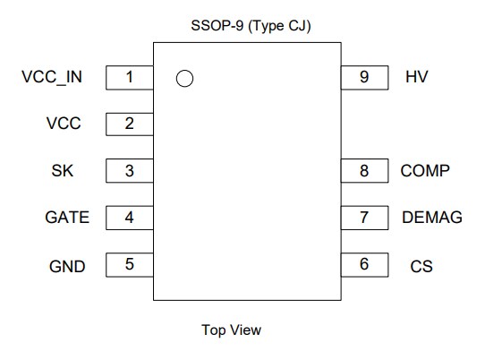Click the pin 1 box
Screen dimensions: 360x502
(x=130, y=77)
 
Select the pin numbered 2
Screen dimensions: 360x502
(x=130, y=124)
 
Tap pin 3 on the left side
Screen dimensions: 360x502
(x=130, y=170)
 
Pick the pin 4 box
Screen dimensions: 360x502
(x=130, y=218)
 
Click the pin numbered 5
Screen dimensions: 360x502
(x=130, y=265)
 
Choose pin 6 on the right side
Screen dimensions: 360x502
(x=364, y=265)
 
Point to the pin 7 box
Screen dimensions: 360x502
(x=364, y=218)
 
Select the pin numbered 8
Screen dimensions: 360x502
(x=364, y=170)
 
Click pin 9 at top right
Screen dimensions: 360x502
(x=364, y=77)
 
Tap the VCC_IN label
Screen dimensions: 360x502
(x=52, y=77)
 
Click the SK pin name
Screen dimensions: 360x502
(x=63, y=170)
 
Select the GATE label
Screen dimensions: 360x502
(x=67, y=218)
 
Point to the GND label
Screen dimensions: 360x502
(x=66, y=266)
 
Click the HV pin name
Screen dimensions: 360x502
(x=416, y=77)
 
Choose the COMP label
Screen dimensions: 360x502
(x=425, y=170)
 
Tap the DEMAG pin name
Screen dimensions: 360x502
(x=432, y=218)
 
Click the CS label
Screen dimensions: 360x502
(x=421, y=266)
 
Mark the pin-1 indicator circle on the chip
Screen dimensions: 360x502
(x=185, y=79)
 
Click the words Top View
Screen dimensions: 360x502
(x=232, y=330)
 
